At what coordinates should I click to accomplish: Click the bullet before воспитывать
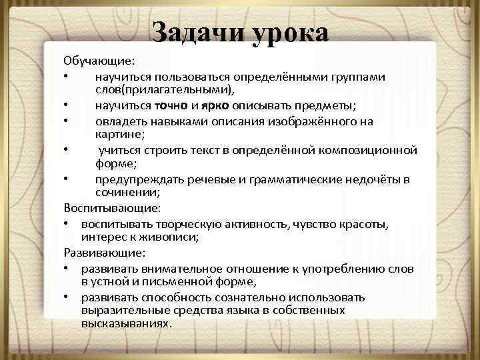(x=68, y=223)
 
